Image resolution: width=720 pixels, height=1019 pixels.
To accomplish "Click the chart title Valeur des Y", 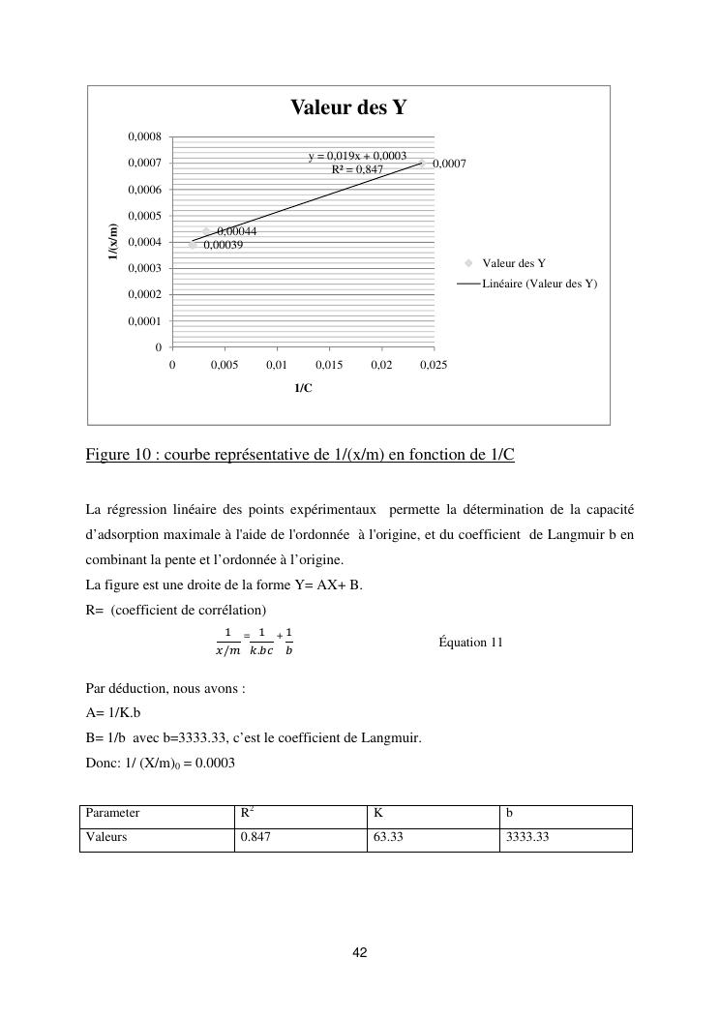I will click(x=348, y=108).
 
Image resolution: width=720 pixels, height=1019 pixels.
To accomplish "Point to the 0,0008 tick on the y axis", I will click(x=145, y=137).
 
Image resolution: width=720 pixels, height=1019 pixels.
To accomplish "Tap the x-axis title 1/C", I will click(x=303, y=388).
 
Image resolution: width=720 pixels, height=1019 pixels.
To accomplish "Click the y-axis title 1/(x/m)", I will click(x=113, y=241).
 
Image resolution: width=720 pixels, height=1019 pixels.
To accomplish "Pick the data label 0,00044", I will click(x=236, y=231).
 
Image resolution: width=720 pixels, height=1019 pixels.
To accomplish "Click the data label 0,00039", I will click(x=223, y=245).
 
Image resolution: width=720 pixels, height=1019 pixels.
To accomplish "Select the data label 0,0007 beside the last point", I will click(x=449, y=164).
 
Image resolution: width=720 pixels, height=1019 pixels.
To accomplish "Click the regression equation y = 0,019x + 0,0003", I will click(x=357, y=156).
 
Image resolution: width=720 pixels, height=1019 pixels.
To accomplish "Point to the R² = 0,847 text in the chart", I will click(x=357, y=169).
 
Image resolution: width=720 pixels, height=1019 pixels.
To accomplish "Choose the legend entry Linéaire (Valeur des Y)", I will click(x=539, y=284).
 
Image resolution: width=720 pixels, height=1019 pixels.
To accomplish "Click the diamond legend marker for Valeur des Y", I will click(x=467, y=263).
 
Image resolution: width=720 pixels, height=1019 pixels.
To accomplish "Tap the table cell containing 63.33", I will click(x=388, y=837).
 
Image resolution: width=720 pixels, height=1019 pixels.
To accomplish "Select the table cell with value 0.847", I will click(x=255, y=837).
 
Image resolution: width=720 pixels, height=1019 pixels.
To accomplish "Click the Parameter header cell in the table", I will click(x=113, y=814).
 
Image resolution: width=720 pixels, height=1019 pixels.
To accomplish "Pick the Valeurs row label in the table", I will click(x=106, y=837).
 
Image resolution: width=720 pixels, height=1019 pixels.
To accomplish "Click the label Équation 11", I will click(x=470, y=642).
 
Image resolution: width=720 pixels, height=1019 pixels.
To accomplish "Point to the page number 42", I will click(x=360, y=953).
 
